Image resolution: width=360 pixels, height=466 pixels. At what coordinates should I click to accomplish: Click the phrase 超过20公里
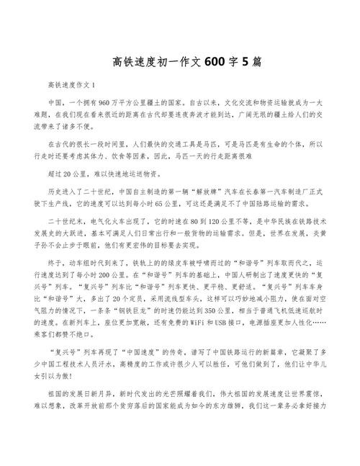[66, 174]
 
